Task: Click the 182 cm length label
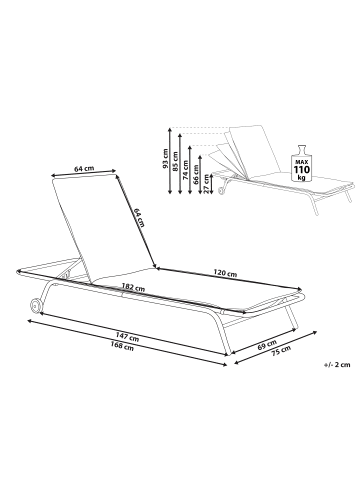coord(133,287)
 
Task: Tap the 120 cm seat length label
coord(225,273)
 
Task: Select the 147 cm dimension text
coord(127,336)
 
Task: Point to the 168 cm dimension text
coord(122,346)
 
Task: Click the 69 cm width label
coord(267,344)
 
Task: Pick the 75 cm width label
coord(282,351)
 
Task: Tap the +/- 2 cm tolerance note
coord(337,364)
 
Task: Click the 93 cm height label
coord(165,160)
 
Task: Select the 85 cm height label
coord(175,162)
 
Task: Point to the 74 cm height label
coord(186,170)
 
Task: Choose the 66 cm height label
coord(196,175)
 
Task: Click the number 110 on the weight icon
coord(301,170)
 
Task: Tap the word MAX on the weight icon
coord(301,162)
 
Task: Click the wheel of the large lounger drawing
coord(36,305)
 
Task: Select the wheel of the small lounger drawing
coord(220,191)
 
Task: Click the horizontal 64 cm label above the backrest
coord(84,169)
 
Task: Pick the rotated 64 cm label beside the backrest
coord(139,218)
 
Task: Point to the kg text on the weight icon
coord(301,178)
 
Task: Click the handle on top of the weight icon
coord(301,149)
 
